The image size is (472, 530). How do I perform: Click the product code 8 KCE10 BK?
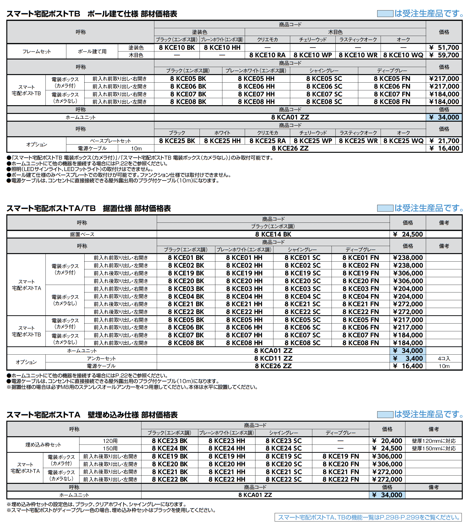pos(177,47)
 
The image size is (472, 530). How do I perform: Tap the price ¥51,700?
pos(444,47)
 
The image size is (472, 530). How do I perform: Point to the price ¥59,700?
pos(444,55)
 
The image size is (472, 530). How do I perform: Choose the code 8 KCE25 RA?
pos(267,141)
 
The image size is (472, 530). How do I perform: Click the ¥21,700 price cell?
pos(444,141)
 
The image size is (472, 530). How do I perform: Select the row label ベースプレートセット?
pos(110,141)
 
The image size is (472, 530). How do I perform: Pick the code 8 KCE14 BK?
pos(273,234)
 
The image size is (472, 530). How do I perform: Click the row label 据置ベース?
pos(82,234)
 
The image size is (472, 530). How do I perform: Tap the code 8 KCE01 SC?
pos(302,258)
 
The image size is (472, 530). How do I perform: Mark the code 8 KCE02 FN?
pos(360,265)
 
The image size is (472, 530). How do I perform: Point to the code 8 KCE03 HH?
pos(244,289)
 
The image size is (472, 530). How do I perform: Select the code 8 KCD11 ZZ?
pos(273,358)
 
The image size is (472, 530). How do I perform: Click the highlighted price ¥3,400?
pos(408,358)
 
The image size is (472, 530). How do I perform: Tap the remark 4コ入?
pos(444,358)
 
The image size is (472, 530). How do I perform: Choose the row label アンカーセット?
pos(101,358)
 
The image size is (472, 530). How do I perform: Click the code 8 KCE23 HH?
pos(227,441)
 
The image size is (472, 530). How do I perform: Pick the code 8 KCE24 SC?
pos(283,448)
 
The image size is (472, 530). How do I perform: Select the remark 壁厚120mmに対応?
pos(434,441)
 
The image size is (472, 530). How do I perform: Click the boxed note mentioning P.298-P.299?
pos(368,517)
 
